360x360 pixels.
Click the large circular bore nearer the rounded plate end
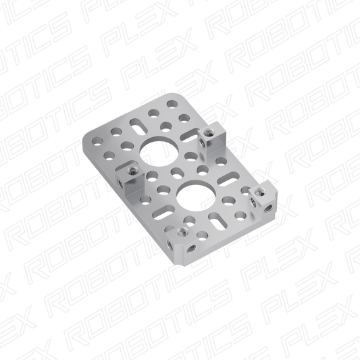[159, 151]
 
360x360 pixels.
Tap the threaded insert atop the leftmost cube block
[132, 170]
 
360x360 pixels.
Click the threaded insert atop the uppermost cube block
[209, 132]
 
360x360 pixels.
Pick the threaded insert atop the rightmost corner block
[259, 191]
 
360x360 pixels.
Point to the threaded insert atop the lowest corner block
[183, 232]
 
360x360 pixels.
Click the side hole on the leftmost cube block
[120, 183]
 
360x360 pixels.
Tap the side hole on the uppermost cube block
[203, 143]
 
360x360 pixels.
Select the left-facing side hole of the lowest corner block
[171, 246]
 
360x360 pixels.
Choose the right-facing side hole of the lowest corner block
[192, 249]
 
